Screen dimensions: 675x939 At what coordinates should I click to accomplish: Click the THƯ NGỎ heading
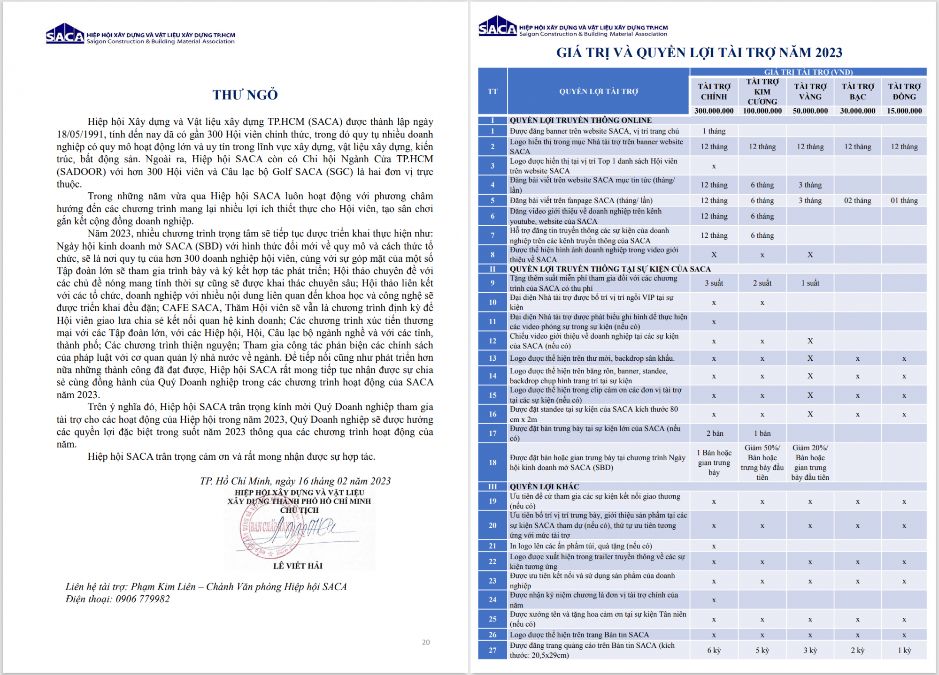coord(245,95)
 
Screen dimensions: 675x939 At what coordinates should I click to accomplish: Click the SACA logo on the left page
coord(65,34)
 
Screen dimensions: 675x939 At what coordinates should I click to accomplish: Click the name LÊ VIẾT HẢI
coord(298,566)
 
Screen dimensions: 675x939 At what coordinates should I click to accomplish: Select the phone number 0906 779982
coord(143,599)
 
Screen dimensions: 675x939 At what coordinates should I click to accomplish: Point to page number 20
coord(426,642)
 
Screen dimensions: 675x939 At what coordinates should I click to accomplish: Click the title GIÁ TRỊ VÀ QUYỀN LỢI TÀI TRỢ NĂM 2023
coord(699,53)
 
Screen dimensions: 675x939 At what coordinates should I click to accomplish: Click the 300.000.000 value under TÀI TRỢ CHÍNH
coord(714,111)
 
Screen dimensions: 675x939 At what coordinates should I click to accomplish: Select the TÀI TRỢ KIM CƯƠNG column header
coord(762,91)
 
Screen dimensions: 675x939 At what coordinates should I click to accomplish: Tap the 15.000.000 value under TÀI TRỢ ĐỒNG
coord(904,111)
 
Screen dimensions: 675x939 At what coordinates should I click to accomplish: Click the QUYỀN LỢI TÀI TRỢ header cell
coord(599,91)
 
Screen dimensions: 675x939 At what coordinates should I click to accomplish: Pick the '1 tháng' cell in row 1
coord(714,131)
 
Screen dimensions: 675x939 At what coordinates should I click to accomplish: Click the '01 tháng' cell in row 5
coord(904,201)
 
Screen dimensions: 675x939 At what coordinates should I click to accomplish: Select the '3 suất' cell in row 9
coord(714,283)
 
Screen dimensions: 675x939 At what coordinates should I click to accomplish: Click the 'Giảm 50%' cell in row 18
coord(762,463)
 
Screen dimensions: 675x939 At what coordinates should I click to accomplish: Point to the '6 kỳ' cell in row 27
coord(714,651)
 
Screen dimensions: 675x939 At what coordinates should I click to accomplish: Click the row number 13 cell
coord(493,358)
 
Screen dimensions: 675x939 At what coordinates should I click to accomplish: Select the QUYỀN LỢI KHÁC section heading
coord(544,486)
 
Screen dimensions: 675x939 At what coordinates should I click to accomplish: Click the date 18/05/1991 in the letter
coord(83,134)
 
